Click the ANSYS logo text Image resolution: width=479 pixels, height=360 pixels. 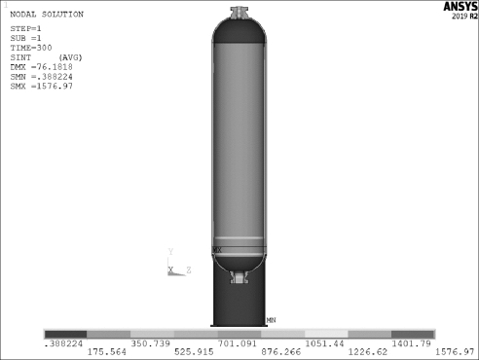click(461, 7)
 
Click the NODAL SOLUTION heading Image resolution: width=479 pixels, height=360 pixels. click(47, 15)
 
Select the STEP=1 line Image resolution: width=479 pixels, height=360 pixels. click(25, 28)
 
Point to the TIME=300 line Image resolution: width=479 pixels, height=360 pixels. click(31, 48)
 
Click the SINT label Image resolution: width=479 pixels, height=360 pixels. click(20, 57)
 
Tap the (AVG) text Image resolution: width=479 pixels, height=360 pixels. click(70, 57)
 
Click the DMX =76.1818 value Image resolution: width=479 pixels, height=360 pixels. click(41, 67)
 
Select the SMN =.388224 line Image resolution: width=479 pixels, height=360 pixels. click(41, 77)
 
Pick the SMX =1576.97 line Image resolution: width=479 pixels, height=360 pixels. click(41, 87)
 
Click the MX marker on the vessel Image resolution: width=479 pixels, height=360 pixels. click(217, 250)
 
